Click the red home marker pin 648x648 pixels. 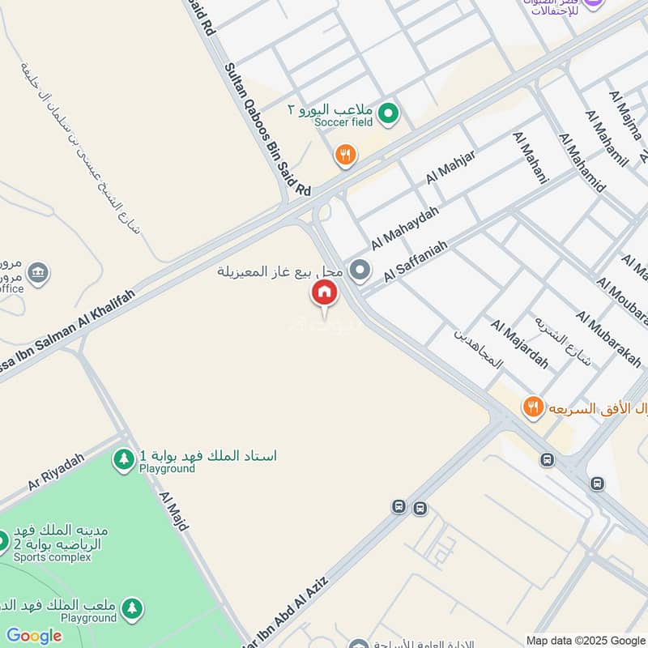325,293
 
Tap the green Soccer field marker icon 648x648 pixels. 389,113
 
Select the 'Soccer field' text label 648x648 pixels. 343,122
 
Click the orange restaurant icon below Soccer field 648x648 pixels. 346,155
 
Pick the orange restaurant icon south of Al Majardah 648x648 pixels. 532,407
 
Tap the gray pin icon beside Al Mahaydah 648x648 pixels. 360,271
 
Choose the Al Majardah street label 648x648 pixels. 518,343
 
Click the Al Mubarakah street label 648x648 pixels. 609,339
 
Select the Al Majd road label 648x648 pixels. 173,510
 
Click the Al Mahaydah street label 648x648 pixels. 405,228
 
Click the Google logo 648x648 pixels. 33,635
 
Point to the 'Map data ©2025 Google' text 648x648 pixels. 586,640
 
